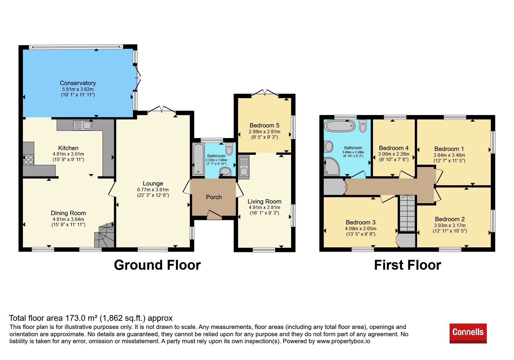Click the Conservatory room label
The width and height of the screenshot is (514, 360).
[x=78, y=83]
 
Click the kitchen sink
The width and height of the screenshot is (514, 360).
[x=83, y=125]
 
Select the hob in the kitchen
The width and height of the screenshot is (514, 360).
[x=28, y=159]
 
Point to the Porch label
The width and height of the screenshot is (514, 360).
[x=214, y=197]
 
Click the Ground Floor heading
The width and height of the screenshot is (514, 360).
[x=157, y=265]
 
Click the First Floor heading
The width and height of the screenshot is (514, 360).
[x=407, y=265]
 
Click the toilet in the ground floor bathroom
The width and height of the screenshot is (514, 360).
[x=229, y=149]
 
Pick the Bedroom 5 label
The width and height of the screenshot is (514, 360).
[x=264, y=125]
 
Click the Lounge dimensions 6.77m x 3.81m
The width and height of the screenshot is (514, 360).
[x=153, y=190]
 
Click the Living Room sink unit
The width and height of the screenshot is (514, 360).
[x=244, y=167]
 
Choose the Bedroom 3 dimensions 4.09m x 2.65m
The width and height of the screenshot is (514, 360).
[x=361, y=228]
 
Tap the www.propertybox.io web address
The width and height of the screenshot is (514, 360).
[x=343, y=341]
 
